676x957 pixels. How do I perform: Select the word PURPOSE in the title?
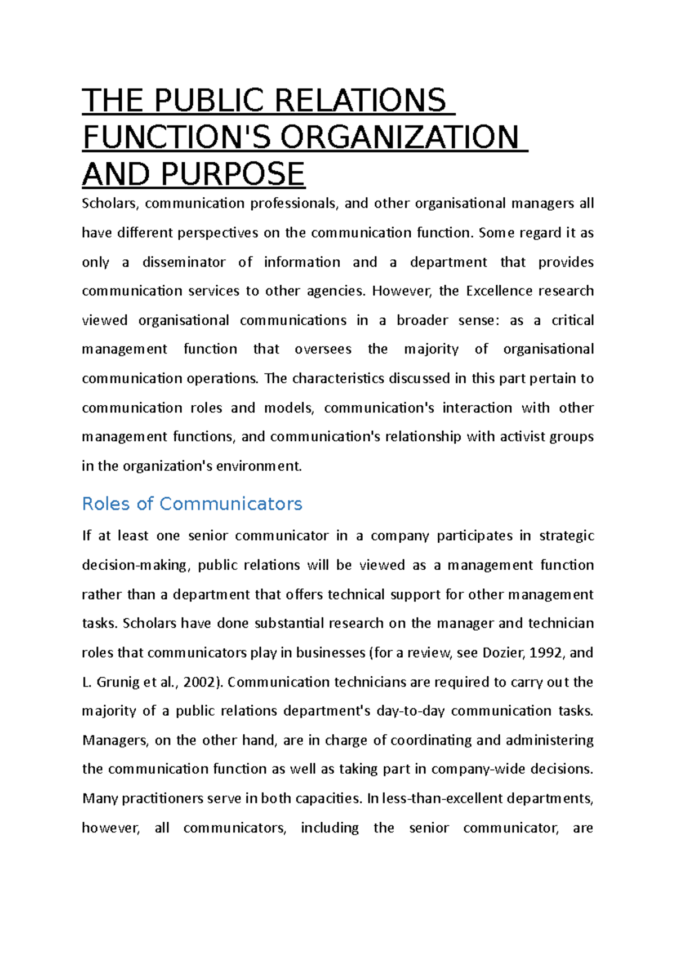[233, 174]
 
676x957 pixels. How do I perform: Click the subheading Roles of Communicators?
[192, 503]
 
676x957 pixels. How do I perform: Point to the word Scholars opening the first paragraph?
[110, 203]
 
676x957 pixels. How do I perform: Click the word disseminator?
[184, 262]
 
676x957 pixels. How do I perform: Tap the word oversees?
[323, 349]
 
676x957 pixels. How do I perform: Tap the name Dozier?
[504, 653]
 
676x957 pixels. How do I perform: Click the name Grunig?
[118, 682]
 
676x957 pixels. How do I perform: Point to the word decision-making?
[135, 565]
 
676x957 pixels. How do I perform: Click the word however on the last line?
[110, 828]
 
